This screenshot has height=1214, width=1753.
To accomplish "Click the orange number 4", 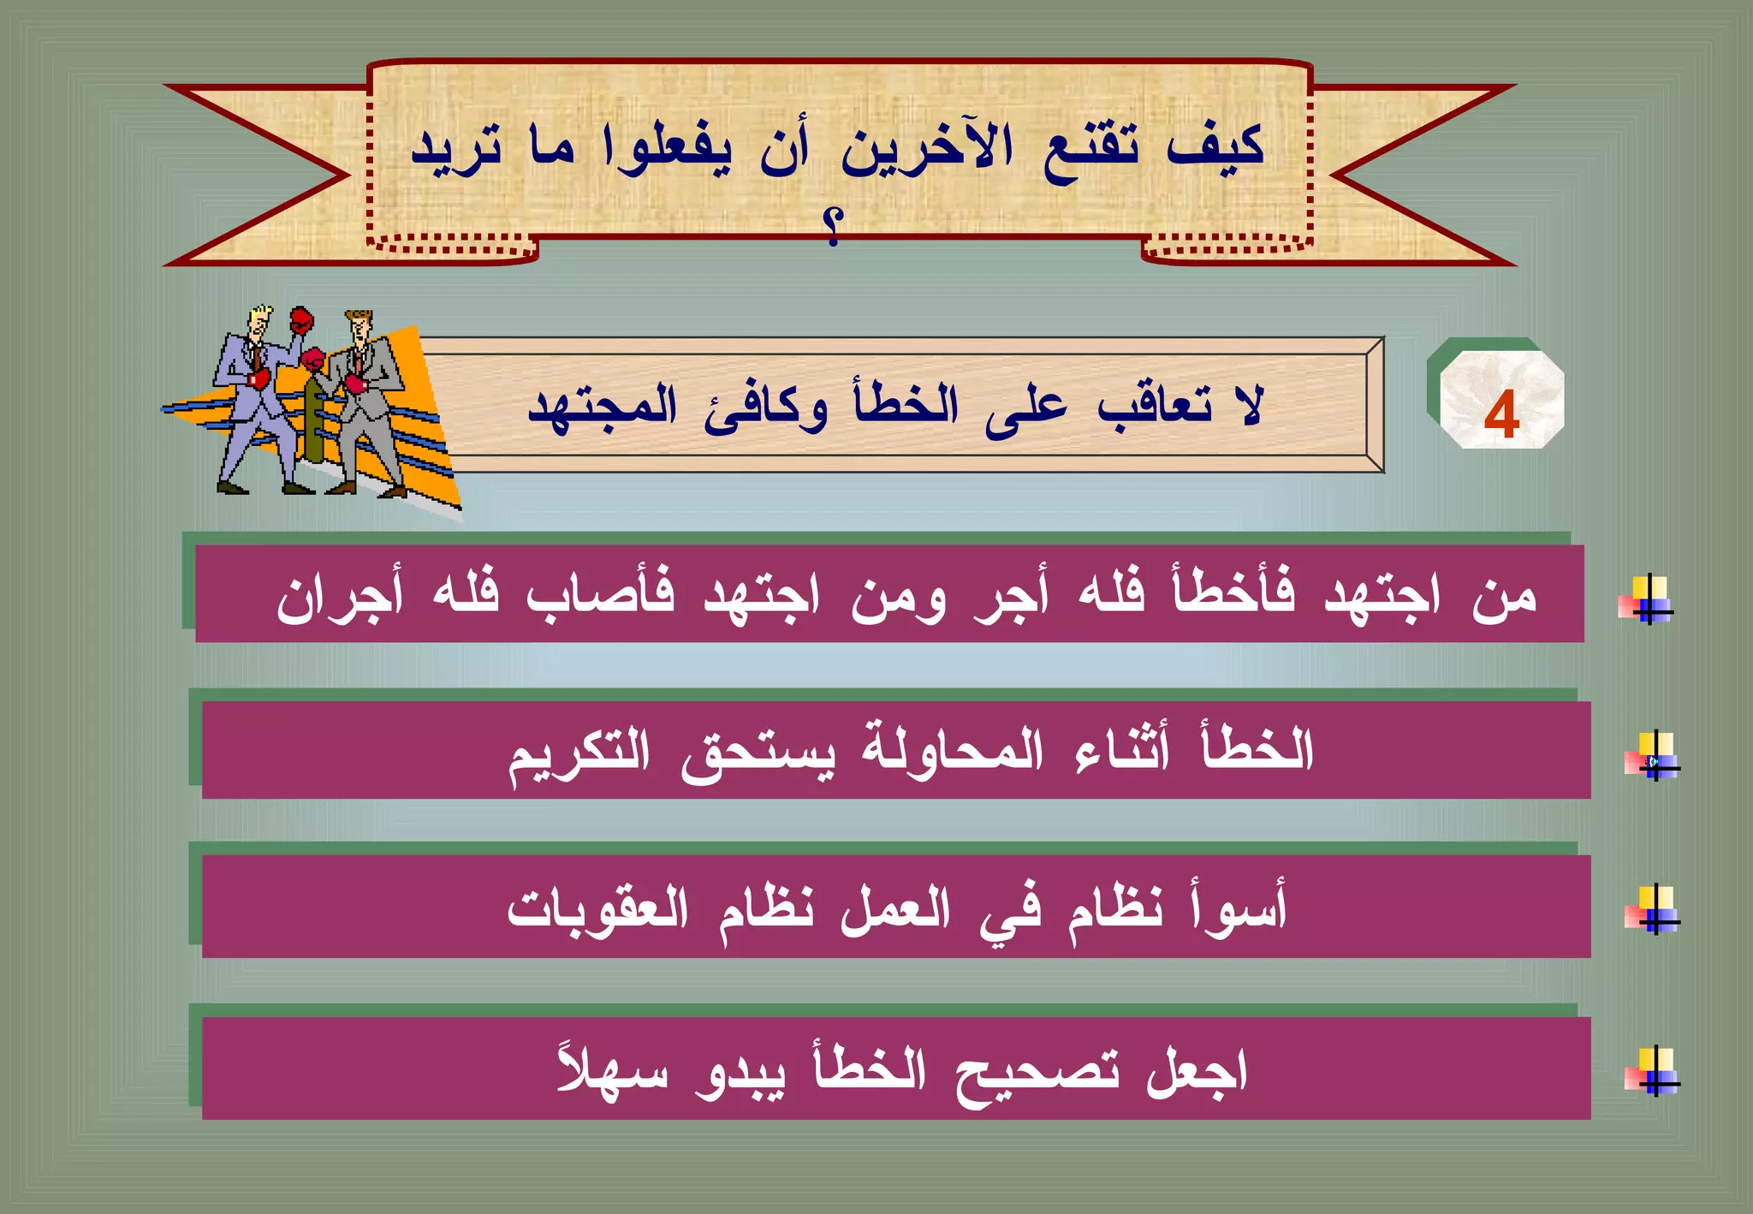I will coord(1501,415).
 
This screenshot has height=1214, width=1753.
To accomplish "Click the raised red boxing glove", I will coord(300,321).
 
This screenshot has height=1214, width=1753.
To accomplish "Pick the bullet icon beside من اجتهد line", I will coord(1646,599).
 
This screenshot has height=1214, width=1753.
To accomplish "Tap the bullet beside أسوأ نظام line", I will coord(1653,909).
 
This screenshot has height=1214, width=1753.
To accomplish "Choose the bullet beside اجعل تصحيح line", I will coord(1653,1071).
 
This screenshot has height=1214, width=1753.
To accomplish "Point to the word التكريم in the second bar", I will coord(579,753).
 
